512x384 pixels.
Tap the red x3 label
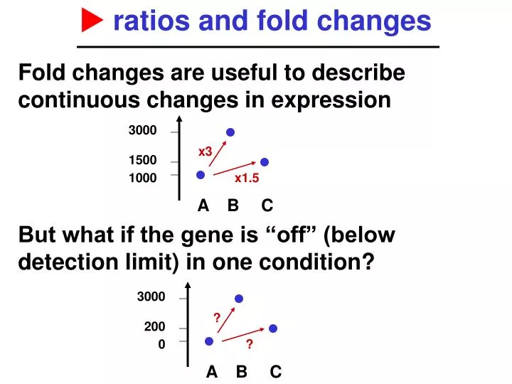pyautogui.click(x=205, y=151)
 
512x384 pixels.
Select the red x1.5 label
pyautogui.click(x=247, y=178)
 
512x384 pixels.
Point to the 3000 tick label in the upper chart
pyautogui.click(x=142, y=131)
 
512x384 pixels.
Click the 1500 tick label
pyautogui.click(x=142, y=161)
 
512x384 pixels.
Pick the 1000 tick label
pyautogui.click(x=142, y=178)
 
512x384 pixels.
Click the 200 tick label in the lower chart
pyautogui.click(x=155, y=327)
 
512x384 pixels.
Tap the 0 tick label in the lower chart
pyautogui.click(x=161, y=344)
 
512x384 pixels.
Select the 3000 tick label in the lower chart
pyautogui.click(x=151, y=297)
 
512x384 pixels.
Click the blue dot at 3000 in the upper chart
pyautogui.click(x=230, y=132)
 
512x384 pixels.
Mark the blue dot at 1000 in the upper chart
pyautogui.click(x=201, y=175)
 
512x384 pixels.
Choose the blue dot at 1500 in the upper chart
pyautogui.click(x=265, y=162)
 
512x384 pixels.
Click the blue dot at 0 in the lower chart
pyautogui.click(x=209, y=341)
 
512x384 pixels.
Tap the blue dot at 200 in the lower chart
pyautogui.click(x=273, y=329)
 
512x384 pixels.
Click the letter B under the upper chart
pyautogui.click(x=233, y=206)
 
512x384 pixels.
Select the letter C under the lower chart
pyautogui.click(x=276, y=372)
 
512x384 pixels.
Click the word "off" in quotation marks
pyautogui.click(x=291, y=235)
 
